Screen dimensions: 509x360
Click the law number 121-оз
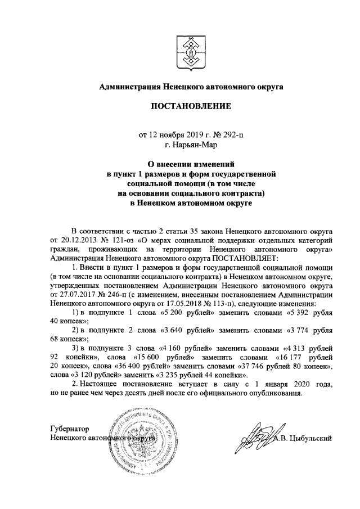click(x=127, y=240)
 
